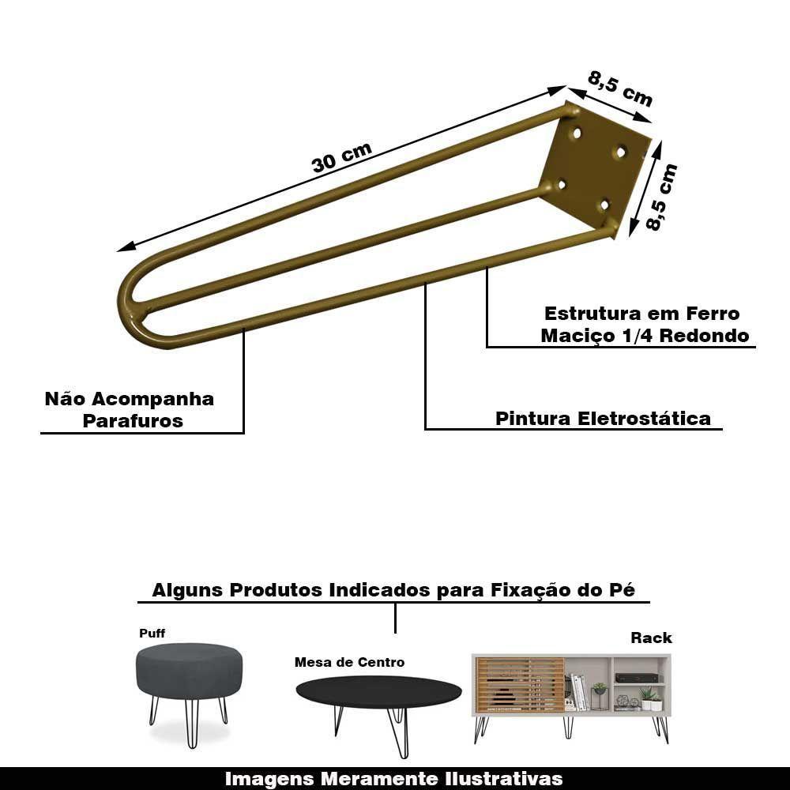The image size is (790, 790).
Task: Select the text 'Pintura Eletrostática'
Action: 603,418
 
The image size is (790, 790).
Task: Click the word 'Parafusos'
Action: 133,421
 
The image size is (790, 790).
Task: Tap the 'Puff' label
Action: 152,634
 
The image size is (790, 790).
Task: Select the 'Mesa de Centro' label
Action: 349,662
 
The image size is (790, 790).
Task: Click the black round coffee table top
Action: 378,692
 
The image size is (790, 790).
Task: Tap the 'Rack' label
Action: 651,638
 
